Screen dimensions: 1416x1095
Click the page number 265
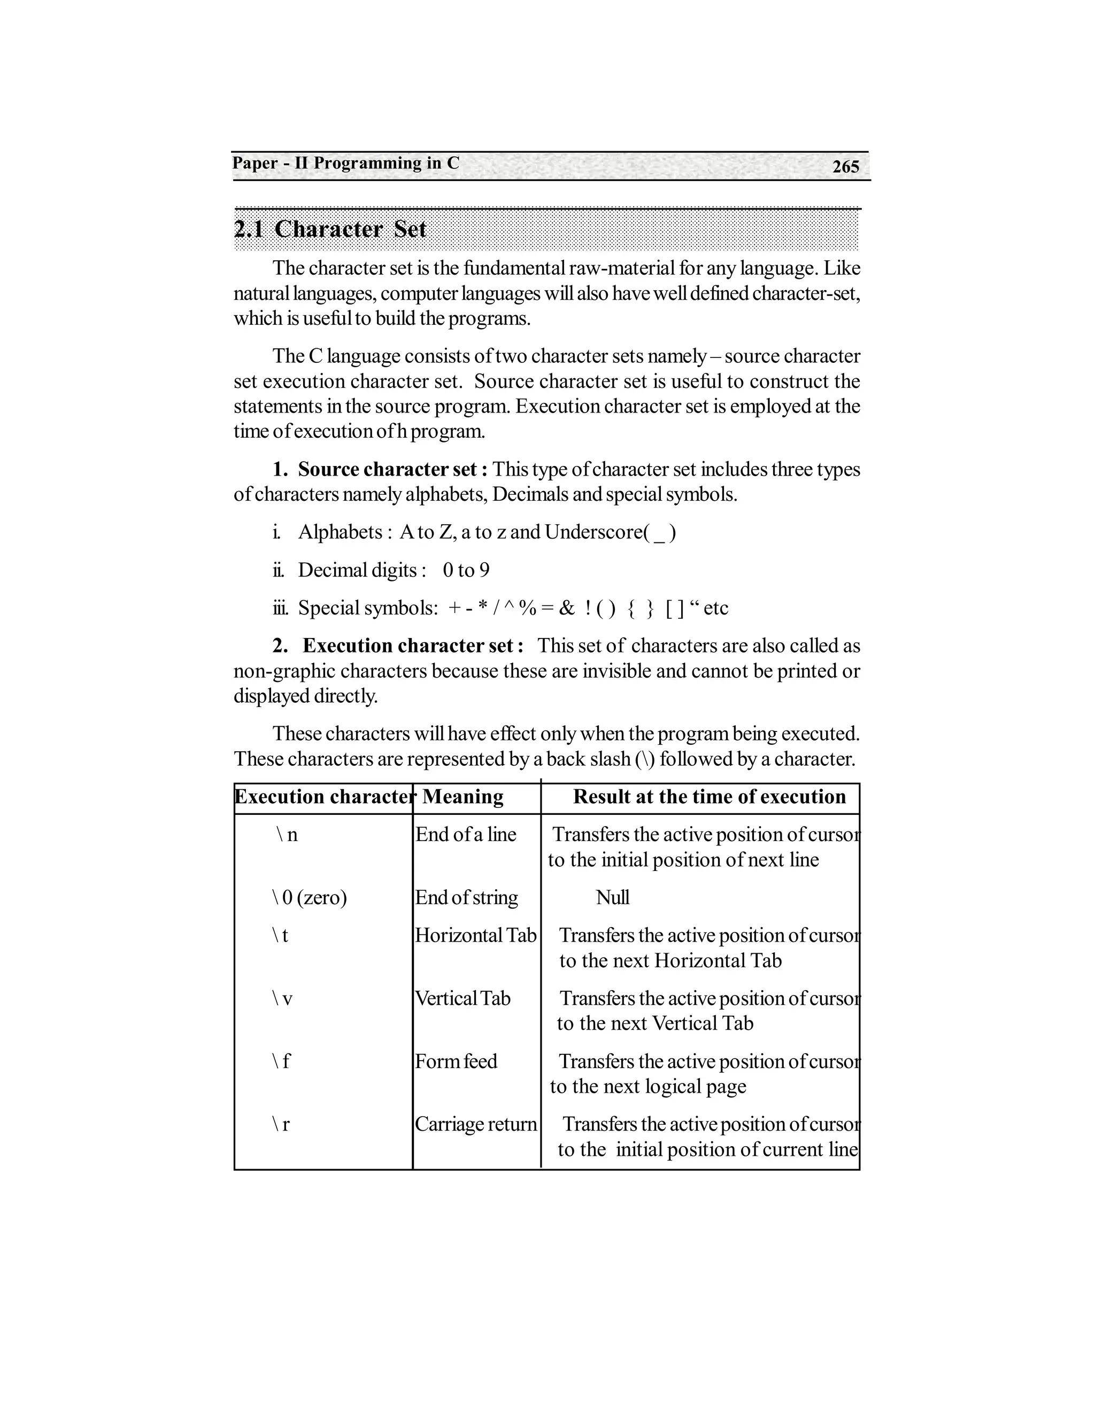click(845, 167)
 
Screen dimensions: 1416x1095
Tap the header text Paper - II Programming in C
click(346, 164)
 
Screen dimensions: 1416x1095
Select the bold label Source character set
click(387, 469)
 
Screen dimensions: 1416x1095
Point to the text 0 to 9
click(466, 571)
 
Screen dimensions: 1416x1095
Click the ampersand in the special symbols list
click(566, 608)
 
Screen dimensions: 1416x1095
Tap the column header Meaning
click(462, 797)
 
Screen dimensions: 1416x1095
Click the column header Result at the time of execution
click(709, 797)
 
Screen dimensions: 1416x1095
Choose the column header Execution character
click(323, 797)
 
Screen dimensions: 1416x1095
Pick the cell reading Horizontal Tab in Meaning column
click(475, 936)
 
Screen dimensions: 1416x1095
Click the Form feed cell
click(456, 1061)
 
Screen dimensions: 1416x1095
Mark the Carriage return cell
click(475, 1124)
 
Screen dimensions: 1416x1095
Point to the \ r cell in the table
click(281, 1124)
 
